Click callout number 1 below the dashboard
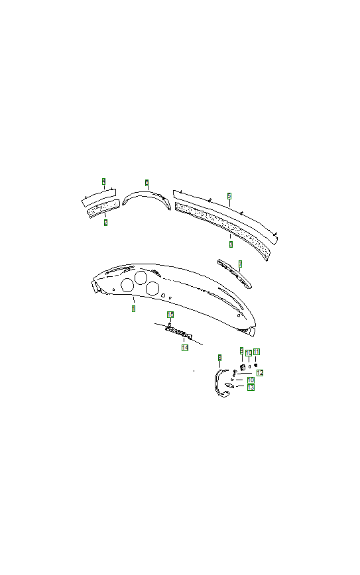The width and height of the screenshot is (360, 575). [133, 309]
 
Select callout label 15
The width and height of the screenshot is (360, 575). [170, 315]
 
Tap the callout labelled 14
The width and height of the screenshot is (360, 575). [185, 347]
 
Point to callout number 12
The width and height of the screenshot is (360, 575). [260, 373]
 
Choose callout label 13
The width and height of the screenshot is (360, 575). [251, 388]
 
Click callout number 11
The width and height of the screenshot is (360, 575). [257, 352]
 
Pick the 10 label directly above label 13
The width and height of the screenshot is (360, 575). [251, 380]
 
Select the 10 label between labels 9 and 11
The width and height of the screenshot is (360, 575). [249, 353]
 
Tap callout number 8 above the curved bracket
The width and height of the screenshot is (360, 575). [219, 358]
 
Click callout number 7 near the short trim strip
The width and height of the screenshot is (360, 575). [240, 264]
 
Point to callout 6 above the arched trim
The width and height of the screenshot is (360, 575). [147, 182]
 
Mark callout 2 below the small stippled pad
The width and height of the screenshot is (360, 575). [105, 223]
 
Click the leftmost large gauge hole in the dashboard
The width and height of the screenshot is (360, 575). [127, 285]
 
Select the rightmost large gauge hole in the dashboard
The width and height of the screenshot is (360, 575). [152, 288]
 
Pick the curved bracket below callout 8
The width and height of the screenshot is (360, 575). [219, 384]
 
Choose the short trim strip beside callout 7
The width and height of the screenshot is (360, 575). [233, 273]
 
